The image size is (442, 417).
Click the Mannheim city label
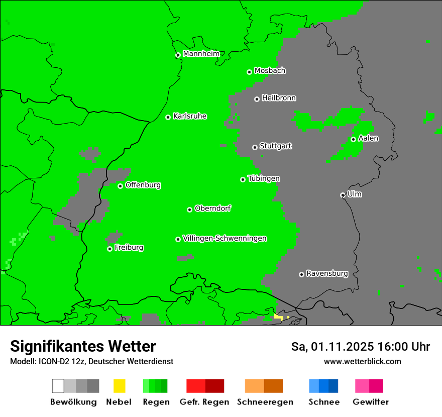[x=201, y=54]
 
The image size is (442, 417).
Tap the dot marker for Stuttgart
[x=255, y=147]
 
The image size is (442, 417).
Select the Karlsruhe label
[x=189, y=116]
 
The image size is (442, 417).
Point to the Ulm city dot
[x=343, y=195]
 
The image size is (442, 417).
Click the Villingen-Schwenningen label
[x=225, y=238]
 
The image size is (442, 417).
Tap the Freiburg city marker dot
[x=109, y=249]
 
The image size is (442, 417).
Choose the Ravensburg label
[x=327, y=273]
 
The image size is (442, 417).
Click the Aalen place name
[x=368, y=138]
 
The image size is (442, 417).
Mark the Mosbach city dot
[x=249, y=72]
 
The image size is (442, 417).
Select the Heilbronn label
[x=279, y=98]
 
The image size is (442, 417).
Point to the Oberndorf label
[x=212, y=208]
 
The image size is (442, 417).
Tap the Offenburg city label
[x=143, y=185]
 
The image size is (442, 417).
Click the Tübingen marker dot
[x=243, y=179]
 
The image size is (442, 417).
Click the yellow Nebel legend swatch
[x=119, y=386]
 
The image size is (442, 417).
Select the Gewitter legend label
[x=370, y=402]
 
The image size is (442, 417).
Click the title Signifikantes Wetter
[x=83, y=346]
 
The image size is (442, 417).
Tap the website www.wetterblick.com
[x=362, y=361]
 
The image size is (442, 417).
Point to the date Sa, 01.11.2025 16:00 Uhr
[x=360, y=347]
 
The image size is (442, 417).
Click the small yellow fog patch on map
[x=278, y=317]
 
